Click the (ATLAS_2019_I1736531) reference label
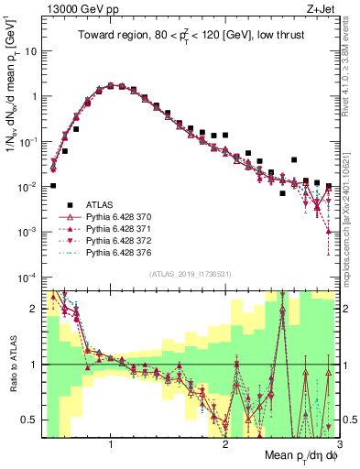190,273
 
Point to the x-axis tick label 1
111,444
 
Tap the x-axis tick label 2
225,444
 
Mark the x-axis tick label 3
338,444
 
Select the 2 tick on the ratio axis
33,309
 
